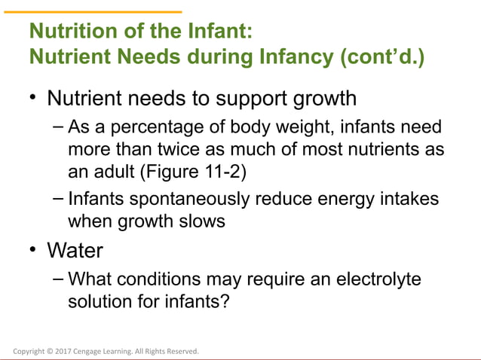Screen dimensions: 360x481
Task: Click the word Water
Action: coord(75,249)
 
